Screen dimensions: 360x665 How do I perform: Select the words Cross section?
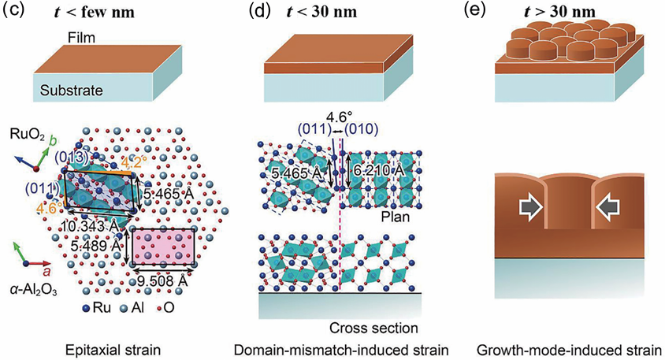365,326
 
